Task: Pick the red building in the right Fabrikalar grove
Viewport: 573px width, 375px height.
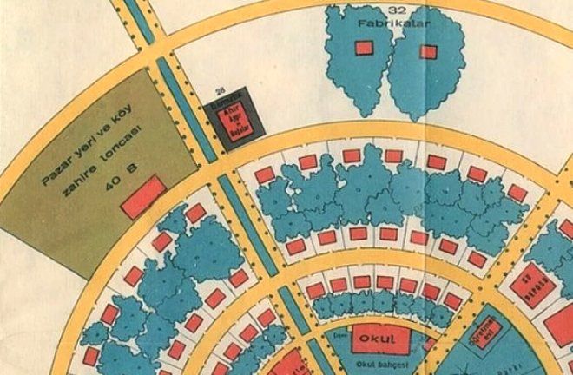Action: point(427,51)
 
